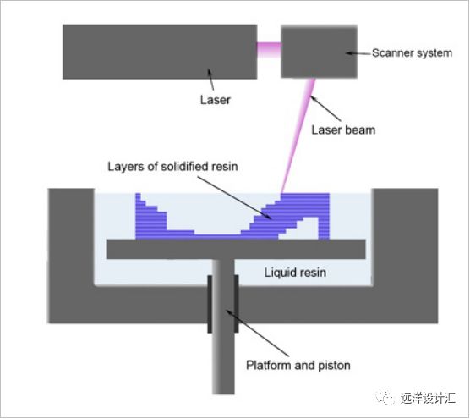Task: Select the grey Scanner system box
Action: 318,52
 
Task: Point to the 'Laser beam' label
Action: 342,130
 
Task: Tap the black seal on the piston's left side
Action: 209,302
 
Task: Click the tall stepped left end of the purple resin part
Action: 146,217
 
